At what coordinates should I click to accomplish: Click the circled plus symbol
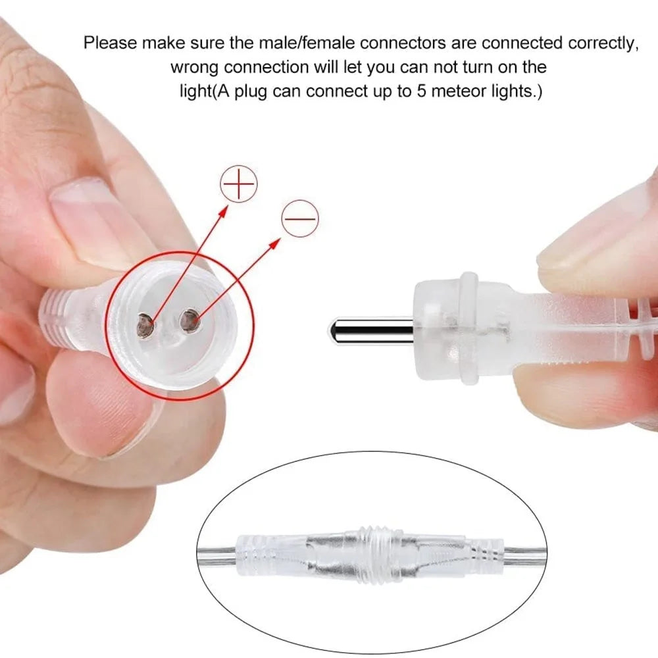point(239,184)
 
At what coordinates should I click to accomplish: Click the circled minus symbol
point(300,218)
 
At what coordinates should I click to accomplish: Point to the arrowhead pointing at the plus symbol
point(223,211)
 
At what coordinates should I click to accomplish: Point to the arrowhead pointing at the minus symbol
point(274,243)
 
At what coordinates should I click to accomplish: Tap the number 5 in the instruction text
point(421,91)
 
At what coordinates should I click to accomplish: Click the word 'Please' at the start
point(111,43)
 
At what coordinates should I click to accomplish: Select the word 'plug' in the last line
point(250,92)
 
